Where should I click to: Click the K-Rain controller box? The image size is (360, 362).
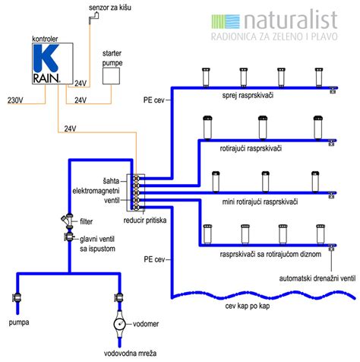[x=52, y=63]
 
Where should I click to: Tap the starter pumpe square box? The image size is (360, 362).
[x=111, y=76]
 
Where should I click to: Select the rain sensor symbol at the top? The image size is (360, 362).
[x=93, y=18]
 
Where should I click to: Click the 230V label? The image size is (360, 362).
[x=15, y=100]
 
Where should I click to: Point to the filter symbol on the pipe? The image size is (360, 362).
[x=67, y=220]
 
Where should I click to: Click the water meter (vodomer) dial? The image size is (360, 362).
[x=119, y=324]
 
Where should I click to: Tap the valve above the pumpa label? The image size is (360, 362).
[x=17, y=297]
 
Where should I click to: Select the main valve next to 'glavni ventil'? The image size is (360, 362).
[x=68, y=237]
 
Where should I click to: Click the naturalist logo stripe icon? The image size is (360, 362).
[x=226, y=21]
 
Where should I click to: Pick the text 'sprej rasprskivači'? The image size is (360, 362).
[x=248, y=95]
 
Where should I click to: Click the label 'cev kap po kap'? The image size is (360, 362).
[x=248, y=306]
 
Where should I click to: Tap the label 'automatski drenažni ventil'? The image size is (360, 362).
[x=317, y=278]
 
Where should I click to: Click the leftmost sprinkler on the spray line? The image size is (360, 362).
[x=206, y=78]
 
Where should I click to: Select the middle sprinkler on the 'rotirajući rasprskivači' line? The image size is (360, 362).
[x=263, y=128]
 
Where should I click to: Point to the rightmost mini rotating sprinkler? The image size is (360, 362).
[x=315, y=182]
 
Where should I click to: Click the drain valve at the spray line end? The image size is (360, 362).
[x=333, y=90]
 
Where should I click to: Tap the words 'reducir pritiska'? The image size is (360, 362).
[x=145, y=221]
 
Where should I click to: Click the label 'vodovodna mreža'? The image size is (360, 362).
[x=130, y=353]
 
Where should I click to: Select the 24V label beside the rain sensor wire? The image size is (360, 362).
[x=81, y=83]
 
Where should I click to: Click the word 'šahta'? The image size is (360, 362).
[x=111, y=181]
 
